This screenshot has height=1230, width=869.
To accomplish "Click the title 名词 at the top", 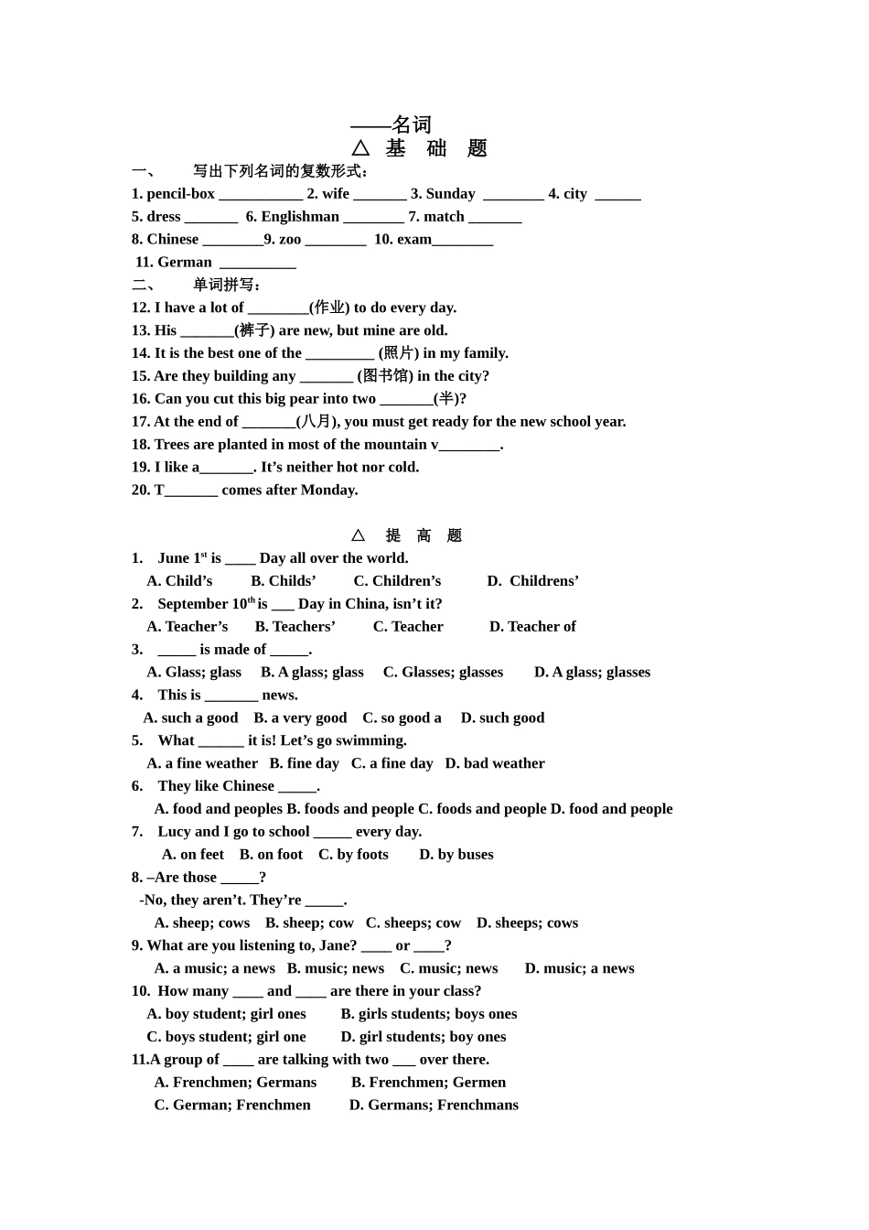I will pyautogui.click(x=411, y=124).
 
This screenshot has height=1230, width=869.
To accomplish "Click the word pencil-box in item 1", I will pyautogui.click(x=180, y=194).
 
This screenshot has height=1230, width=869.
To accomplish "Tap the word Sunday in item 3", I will pyautogui.click(x=450, y=194).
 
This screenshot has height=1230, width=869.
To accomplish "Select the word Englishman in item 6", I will pyautogui.click(x=300, y=217).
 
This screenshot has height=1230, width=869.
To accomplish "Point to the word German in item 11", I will pyautogui.click(x=185, y=263).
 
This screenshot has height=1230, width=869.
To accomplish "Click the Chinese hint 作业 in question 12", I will pyautogui.click(x=329, y=307).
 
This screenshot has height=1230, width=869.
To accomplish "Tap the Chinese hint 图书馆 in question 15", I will pyautogui.click(x=385, y=376).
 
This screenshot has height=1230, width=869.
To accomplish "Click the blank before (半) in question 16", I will pyautogui.click(x=406, y=399).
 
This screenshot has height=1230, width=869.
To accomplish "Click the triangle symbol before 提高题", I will pyautogui.click(x=358, y=535).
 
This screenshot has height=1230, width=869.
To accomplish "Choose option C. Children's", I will pyautogui.click(x=397, y=581).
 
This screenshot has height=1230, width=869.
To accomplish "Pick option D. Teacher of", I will pyautogui.click(x=532, y=627).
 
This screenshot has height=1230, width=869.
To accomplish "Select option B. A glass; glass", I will pyautogui.click(x=312, y=673).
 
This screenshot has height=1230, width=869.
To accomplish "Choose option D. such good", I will pyautogui.click(x=502, y=718).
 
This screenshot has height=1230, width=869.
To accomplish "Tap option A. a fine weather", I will pyautogui.click(x=202, y=763).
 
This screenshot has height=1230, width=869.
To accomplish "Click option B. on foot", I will pyautogui.click(x=271, y=855).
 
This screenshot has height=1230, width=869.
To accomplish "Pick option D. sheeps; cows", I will pyautogui.click(x=527, y=922).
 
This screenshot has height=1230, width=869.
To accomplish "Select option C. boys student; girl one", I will pyautogui.click(x=226, y=1037).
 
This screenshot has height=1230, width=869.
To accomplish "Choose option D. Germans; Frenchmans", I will pyautogui.click(x=434, y=1105).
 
